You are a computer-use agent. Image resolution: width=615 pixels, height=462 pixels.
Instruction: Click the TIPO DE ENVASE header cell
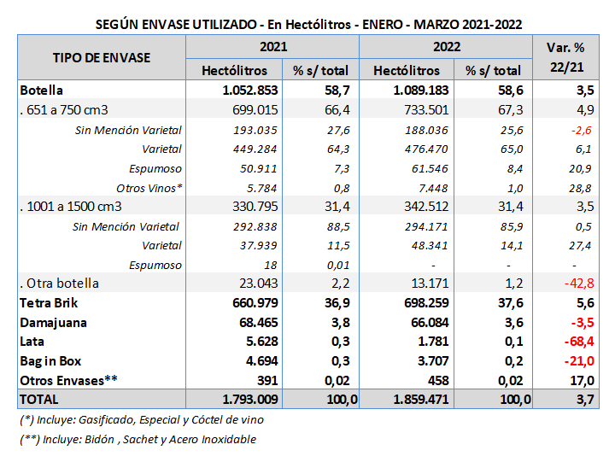click(x=102, y=58)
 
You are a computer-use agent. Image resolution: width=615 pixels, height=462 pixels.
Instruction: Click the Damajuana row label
click(x=54, y=324)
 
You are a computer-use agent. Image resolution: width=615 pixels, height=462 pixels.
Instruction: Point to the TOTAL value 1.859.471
click(x=405, y=399)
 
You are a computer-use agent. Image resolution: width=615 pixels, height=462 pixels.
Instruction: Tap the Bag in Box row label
click(x=52, y=361)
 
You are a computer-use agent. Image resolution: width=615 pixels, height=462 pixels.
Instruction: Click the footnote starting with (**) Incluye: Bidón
click(x=138, y=439)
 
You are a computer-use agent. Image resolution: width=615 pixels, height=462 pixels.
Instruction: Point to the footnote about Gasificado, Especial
click(x=142, y=419)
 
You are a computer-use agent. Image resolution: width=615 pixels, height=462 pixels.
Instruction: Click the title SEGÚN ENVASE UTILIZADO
click(x=307, y=24)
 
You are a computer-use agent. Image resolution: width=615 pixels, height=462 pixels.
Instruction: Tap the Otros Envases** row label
click(x=67, y=380)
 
